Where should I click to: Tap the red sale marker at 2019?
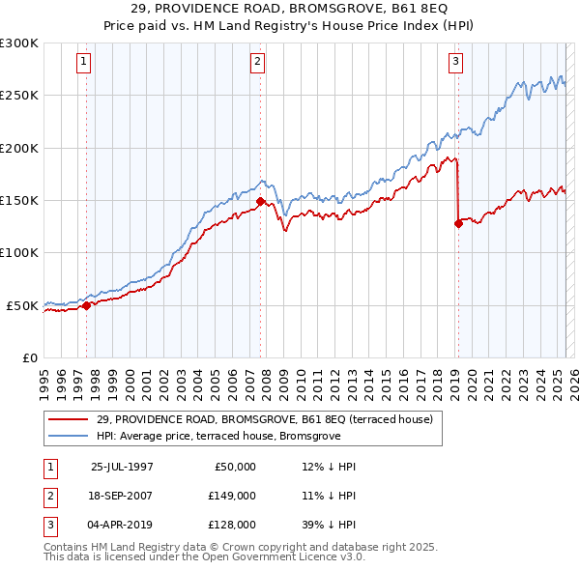pyautogui.click(x=457, y=223)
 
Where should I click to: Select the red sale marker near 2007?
pyautogui.click(x=261, y=201)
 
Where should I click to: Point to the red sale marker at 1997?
pyautogui.click(x=87, y=305)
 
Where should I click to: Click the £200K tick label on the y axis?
pyautogui.click(x=20, y=149)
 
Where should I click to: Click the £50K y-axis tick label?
pyautogui.click(x=23, y=305)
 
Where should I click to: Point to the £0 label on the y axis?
pyautogui.click(x=29, y=357)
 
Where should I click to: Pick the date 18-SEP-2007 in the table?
pyautogui.click(x=122, y=495)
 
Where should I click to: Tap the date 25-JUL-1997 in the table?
pyautogui.click(x=122, y=466)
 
